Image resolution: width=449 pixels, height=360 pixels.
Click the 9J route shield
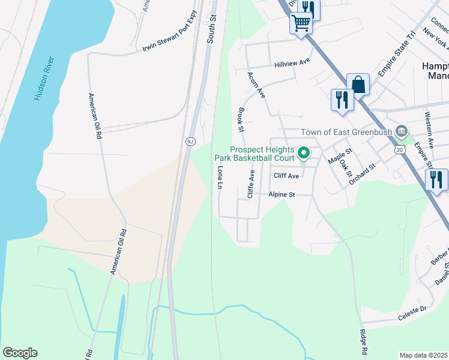pyautogui.click(x=189, y=141)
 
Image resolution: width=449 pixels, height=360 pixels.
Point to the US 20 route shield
pyautogui.click(x=400, y=149)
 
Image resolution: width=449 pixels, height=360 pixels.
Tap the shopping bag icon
pyautogui.click(x=358, y=84)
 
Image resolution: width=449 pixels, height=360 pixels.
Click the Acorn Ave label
pyautogui.click(x=256, y=84)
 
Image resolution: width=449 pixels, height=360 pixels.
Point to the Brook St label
pyautogui.click(x=241, y=120)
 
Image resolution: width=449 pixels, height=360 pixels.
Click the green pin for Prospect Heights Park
pyautogui.click(x=304, y=154)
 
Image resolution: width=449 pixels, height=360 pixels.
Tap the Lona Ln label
pyautogui.click(x=219, y=178)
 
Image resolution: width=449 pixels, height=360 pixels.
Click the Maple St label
pyautogui.click(x=339, y=158)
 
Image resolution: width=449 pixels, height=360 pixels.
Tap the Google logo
pyautogui.click(x=20, y=353)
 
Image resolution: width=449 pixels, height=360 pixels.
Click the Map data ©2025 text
pyautogui.click(x=424, y=355)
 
